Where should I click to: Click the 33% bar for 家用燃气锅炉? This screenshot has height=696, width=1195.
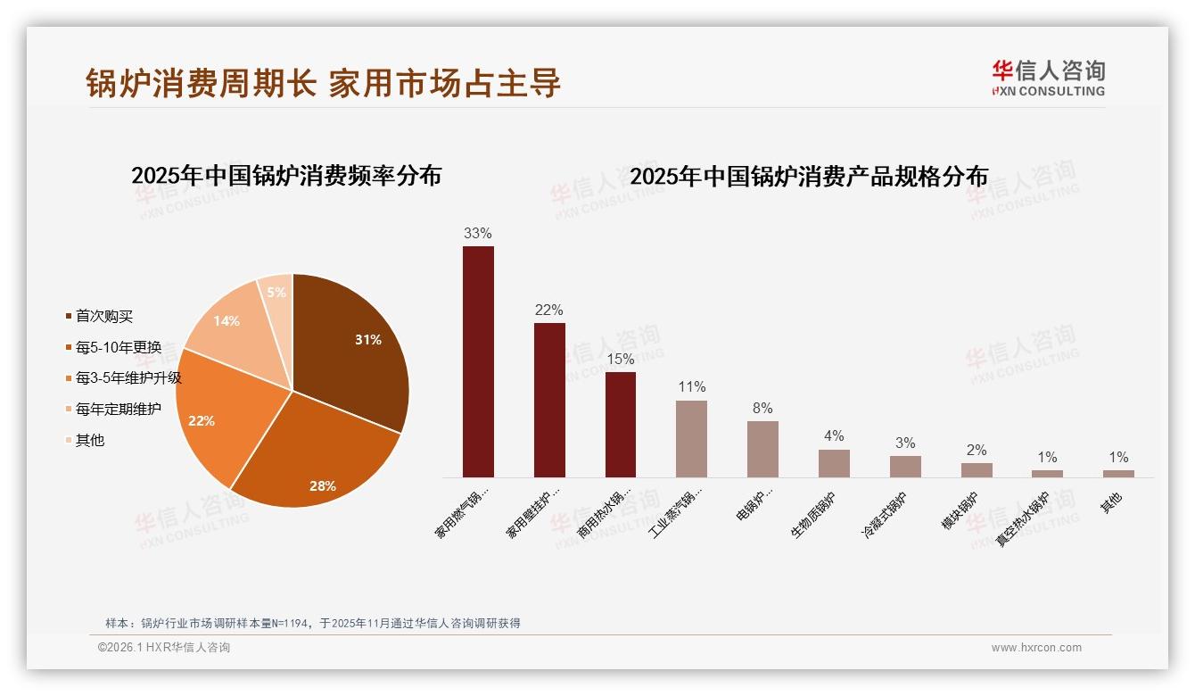478,361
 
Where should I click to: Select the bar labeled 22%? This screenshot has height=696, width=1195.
549,400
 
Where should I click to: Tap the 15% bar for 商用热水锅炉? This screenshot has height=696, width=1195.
621,425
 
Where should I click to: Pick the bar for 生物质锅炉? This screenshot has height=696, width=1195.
834,463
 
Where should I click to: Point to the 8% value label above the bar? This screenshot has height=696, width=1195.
762,409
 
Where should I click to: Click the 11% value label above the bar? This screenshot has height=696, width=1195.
691,387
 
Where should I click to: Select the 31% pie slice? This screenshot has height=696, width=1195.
352,348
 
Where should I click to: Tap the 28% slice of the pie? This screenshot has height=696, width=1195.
312,455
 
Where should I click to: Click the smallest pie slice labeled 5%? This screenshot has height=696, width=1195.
276,292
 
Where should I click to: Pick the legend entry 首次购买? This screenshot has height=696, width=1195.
103,317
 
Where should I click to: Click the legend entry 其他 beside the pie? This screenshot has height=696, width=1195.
89,441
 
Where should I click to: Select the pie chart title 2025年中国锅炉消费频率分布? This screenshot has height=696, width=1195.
286,176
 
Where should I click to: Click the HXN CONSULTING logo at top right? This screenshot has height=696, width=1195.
1048,78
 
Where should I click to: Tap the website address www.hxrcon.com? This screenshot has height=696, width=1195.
1036,648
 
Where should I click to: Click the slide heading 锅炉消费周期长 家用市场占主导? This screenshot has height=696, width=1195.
324,83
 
